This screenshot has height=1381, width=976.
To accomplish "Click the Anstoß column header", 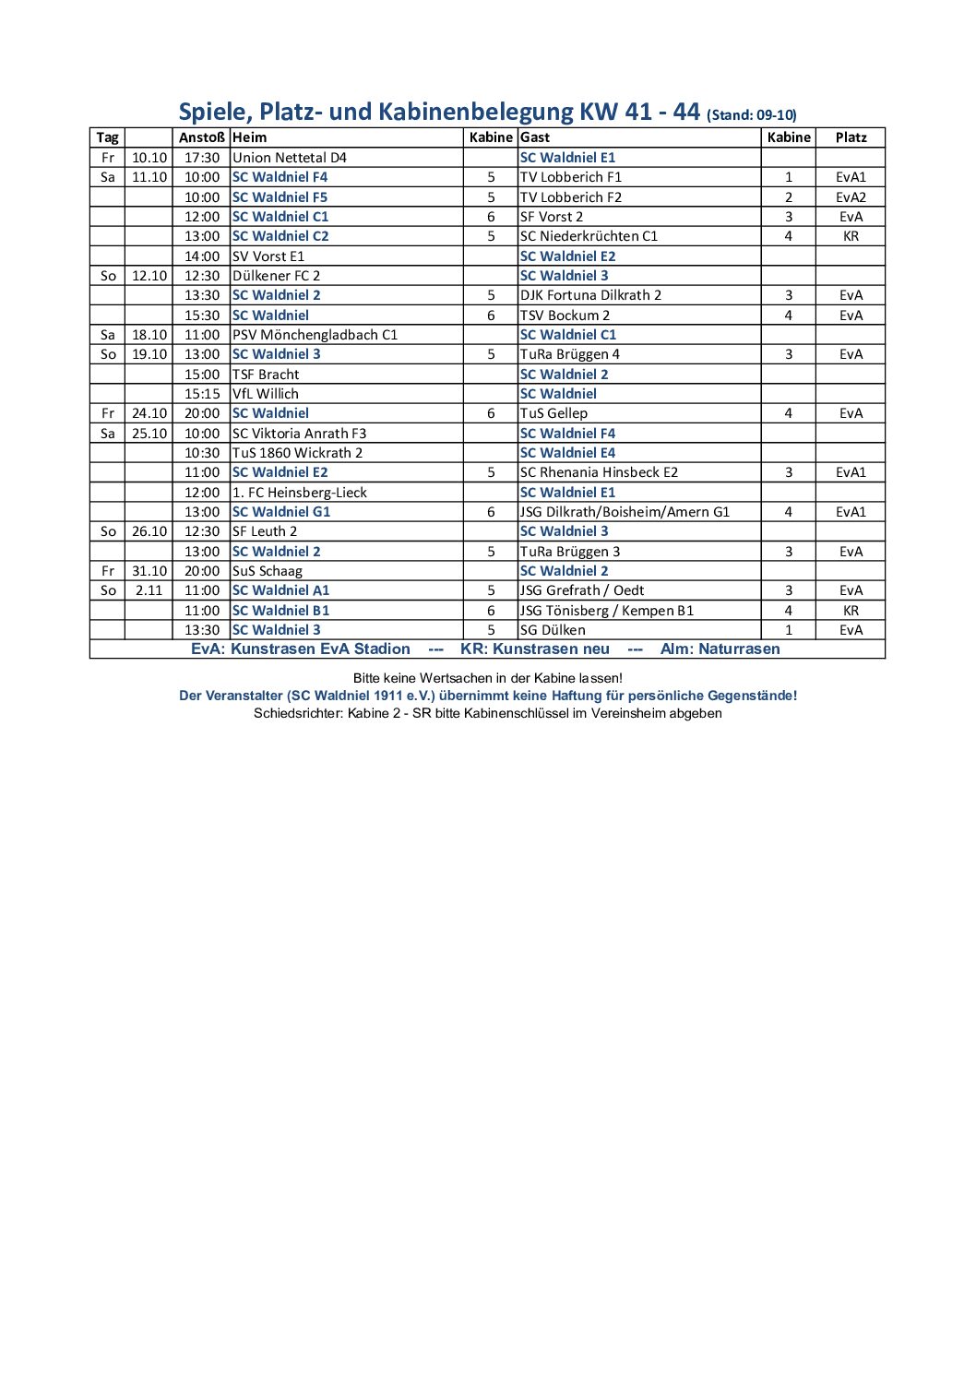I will pyautogui.click(x=201, y=137).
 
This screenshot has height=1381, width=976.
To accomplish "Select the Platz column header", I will pyautogui.click(x=851, y=137).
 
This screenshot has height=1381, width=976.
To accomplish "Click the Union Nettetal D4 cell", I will pyautogui.click(x=290, y=158).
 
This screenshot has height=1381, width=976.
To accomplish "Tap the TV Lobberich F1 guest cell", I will pyautogui.click(x=571, y=177).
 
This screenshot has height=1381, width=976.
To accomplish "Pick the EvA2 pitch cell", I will pyautogui.click(x=851, y=197).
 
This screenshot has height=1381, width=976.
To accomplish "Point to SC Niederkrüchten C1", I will pyautogui.click(x=589, y=236).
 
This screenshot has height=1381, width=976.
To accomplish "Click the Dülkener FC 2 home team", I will pyautogui.click(x=277, y=276).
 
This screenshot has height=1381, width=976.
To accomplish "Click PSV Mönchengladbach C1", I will pyautogui.click(x=315, y=335).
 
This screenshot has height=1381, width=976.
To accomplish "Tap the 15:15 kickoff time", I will pyautogui.click(x=202, y=394).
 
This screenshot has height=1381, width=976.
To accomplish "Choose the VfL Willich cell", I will pyautogui.click(x=266, y=394).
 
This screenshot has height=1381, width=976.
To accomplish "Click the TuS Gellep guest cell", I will pyautogui.click(x=553, y=413).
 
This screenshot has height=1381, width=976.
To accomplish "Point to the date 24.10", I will pyautogui.click(x=149, y=413).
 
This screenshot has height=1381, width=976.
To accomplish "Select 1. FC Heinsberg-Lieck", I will pyautogui.click(x=300, y=493).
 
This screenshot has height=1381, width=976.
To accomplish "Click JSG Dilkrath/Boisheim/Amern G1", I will pyautogui.click(x=625, y=512).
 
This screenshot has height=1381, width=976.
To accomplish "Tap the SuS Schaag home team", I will pyautogui.click(x=268, y=571).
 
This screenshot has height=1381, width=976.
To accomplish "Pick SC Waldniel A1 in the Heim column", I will pyautogui.click(x=280, y=590).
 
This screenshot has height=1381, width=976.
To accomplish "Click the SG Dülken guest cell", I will pyautogui.click(x=553, y=630).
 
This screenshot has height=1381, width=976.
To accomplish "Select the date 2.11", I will pyautogui.click(x=149, y=590).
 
